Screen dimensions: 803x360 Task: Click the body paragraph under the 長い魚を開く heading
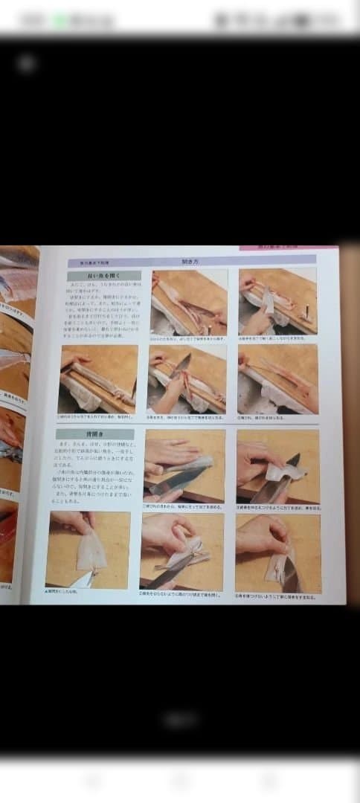(x=103, y=309)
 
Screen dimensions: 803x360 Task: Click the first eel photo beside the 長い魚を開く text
(x=189, y=303)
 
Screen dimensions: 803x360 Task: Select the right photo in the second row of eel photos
(x=277, y=379)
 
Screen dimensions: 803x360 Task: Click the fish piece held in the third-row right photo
(x=286, y=471)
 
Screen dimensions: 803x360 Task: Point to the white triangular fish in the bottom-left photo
(x=91, y=552)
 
